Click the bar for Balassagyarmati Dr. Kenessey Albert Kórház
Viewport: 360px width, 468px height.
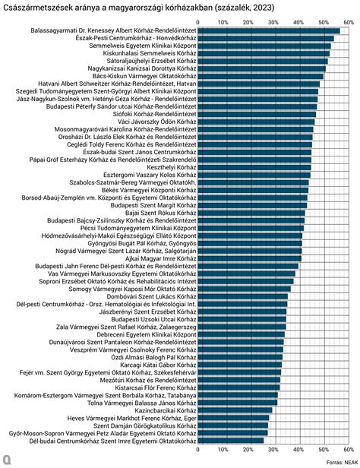pyautogui.click(x=269, y=30)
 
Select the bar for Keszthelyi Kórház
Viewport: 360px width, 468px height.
pyautogui.click(x=254, y=167)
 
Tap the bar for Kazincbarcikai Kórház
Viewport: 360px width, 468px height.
pyautogui.click(x=235, y=410)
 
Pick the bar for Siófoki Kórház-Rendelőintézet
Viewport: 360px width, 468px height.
pyautogui.click(x=257, y=114)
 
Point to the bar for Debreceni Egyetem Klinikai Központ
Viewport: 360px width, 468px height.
pyautogui.click(x=242, y=334)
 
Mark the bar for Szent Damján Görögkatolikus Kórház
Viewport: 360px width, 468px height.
pyautogui.click(x=233, y=425)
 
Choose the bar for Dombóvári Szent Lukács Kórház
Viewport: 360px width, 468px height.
pyautogui.click(x=243, y=296)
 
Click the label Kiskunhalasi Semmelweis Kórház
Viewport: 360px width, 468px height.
pyautogui.click(x=150, y=53)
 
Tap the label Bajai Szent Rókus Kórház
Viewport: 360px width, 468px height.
pyautogui.click(x=161, y=213)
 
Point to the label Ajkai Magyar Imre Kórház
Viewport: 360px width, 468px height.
pyautogui.click(x=161, y=258)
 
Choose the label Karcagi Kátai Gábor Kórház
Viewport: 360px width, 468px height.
pyautogui.click(x=159, y=365)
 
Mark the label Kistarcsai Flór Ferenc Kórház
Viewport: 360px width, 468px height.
pyautogui.click(x=156, y=387)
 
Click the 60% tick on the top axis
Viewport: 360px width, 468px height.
pyautogui.click(x=349, y=22)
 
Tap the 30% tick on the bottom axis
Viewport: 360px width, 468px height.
pyautogui.click(x=273, y=450)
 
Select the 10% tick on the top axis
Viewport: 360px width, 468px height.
pyautogui.click(x=223, y=22)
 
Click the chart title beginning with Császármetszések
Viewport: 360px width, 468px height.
pyautogui.click(x=139, y=8)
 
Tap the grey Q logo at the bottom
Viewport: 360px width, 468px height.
pyautogui.click(x=7, y=460)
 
